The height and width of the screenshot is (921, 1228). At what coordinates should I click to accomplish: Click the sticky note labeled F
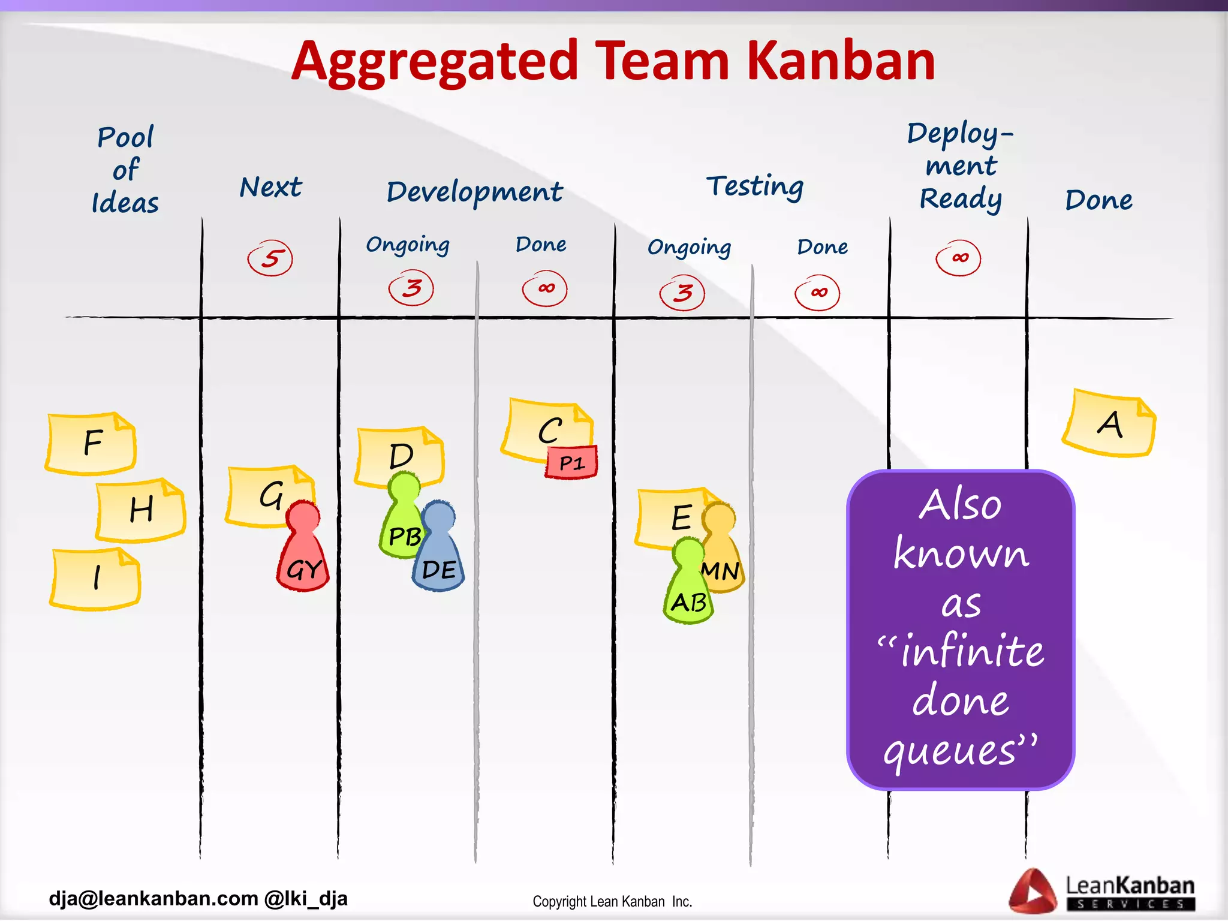91,444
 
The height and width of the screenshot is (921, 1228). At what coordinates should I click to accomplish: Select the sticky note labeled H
141,510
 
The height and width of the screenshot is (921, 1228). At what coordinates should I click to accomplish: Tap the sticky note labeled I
96,579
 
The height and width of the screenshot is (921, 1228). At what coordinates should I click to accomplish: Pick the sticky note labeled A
1109,424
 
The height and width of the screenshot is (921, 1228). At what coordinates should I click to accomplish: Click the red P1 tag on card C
571,462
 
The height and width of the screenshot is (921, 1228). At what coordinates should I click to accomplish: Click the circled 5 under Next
270,258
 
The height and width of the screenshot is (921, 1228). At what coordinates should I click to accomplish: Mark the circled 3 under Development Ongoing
411,288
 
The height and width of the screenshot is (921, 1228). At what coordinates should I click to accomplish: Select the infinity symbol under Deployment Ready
958,258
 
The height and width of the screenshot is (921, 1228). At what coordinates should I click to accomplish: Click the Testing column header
754,186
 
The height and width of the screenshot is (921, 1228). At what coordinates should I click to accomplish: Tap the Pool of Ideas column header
125,170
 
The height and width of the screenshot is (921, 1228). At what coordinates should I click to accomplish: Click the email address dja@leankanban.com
153,898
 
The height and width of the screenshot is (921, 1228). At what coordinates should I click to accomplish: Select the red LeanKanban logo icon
1033,891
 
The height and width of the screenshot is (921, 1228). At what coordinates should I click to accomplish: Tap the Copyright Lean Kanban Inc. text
612,902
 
